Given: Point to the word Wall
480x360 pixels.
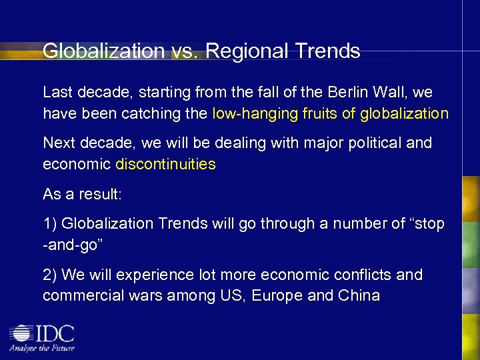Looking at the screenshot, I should pyautogui.click(x=379, y=91).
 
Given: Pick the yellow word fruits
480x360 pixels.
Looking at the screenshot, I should pyautogui.click(x=320, y=113).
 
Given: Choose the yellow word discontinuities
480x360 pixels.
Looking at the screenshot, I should pyautogui.click(x=165, y=164).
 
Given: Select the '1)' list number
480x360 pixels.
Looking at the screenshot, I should pyautogui.click(x=50, y=223).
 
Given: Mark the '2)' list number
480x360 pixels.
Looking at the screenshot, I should pyautogui.click(x=50, y=275).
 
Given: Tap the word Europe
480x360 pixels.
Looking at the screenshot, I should pyautogui.click(x=277, y=295).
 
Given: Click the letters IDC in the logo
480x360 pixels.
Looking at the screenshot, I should pyautogui.click(x=55, y=333).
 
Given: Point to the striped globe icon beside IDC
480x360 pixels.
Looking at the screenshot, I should pyautogui.click(x=21, y=334).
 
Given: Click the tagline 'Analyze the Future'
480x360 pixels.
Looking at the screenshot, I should pyautogui.click(x=41, y=348).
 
